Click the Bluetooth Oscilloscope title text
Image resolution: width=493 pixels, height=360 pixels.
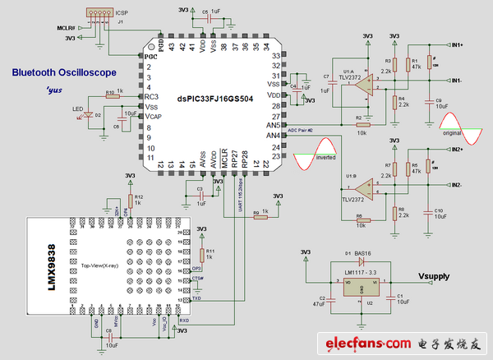[x=57, y=72]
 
